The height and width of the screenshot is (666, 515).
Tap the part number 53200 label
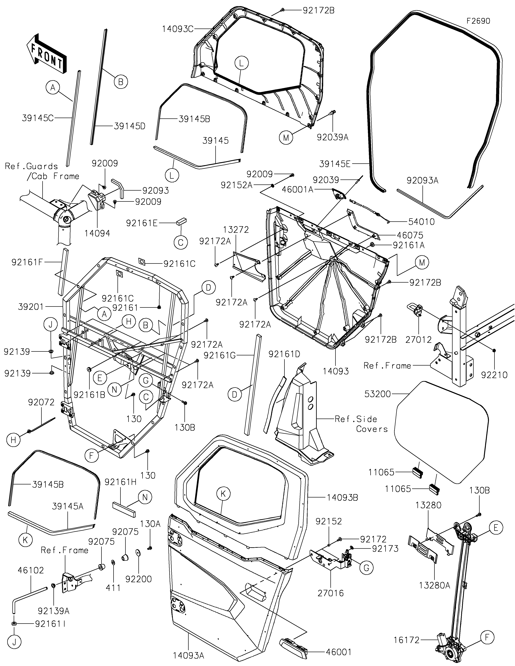tap(378, 394)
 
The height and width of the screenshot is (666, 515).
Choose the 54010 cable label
tap(421, 222)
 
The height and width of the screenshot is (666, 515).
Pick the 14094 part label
tap(98, 233)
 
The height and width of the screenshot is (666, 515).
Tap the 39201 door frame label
tap(31, 307)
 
